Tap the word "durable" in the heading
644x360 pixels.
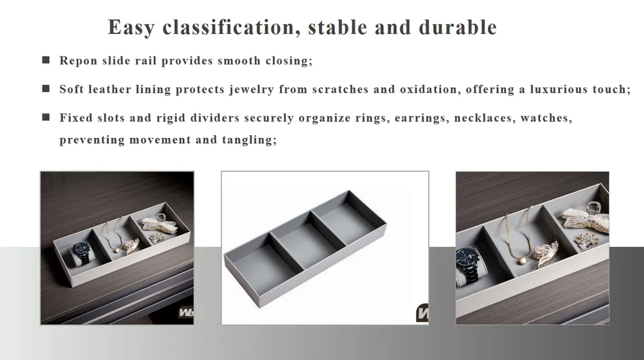pos(458,27)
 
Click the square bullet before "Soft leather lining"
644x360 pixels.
pos(46,89)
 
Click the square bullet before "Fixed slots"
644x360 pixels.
pos(46,117)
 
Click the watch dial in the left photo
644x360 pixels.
pos(80,250)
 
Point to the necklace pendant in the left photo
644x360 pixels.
pos(117,250)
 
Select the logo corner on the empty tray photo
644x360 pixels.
pos(423,314)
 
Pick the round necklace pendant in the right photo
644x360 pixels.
pos(522,260)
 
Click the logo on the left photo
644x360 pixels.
pos(186,313)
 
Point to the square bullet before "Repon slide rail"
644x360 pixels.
pos(46,60)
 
